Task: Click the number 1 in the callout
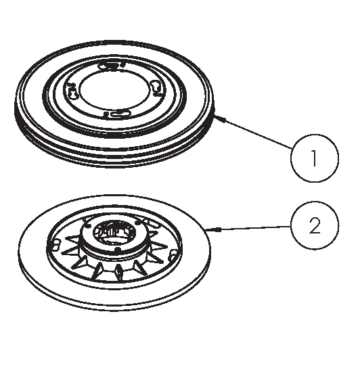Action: pos(315,158)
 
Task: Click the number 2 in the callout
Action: pos(315,226)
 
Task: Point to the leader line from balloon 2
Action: pos(248,228)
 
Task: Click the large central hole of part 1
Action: pos(114,91)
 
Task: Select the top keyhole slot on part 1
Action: pos(111,66)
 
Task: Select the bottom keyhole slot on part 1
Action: pos(117,114)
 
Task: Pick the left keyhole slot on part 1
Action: pos(72,91)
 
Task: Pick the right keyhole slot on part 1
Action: pos(156,88)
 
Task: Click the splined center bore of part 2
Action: pos(114,232)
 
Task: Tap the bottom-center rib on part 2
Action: pos(118,271)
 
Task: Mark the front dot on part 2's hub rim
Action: pos(118,250)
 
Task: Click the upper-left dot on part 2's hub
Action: pos(89,225)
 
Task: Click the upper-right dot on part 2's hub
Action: pos(139,222)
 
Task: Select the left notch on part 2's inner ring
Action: pos(55,245)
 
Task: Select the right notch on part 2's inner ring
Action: pos(173,254)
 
